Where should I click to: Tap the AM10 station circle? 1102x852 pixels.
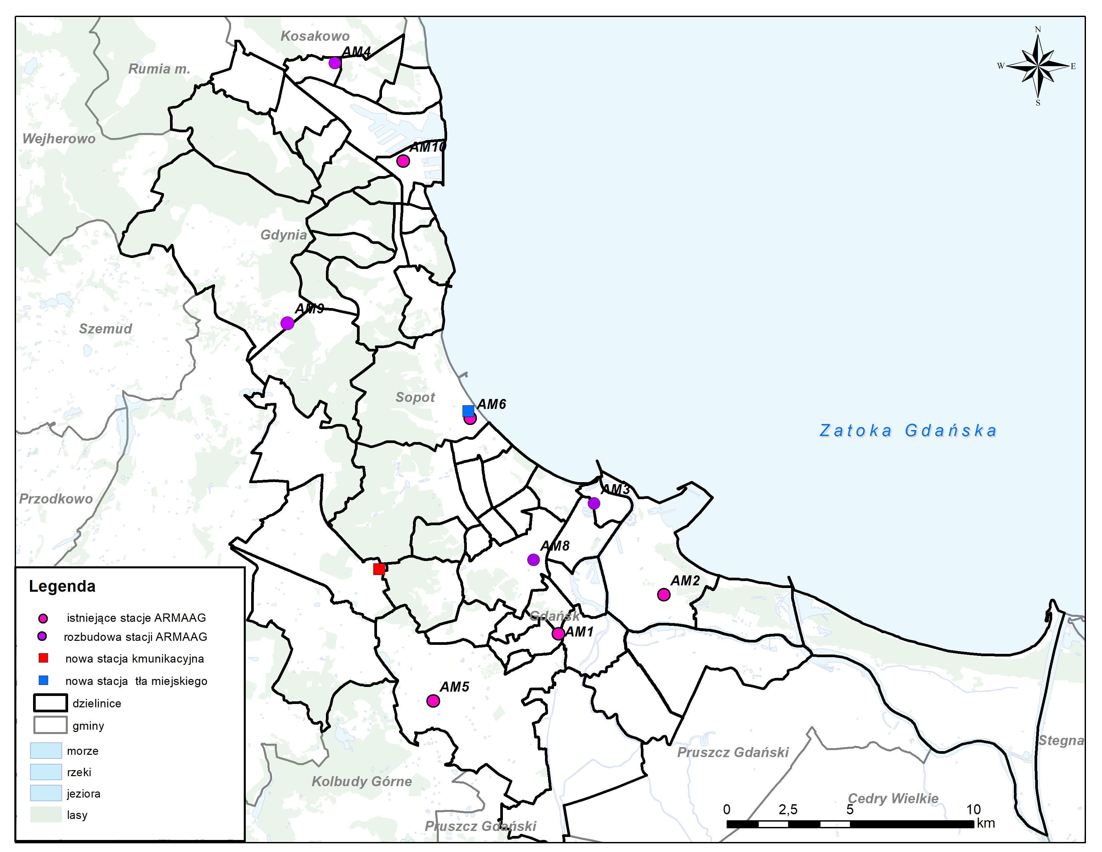click(x=403, y=161)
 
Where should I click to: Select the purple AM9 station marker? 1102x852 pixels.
click(x=287, y=323)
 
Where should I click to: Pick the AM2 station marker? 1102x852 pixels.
click(x=664, y=595)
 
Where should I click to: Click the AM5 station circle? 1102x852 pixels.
click(x=433, y=701)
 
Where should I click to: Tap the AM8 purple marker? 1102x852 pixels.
click(x=533, y=560)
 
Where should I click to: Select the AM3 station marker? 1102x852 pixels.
click(x=594, y=503)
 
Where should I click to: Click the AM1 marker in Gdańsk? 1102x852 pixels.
click(x=558, y=634)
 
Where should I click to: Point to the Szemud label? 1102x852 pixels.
click(x=106, y=328)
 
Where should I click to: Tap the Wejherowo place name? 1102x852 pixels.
click(x=59, y=139)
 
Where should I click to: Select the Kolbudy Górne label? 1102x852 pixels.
click(x=362, y=782)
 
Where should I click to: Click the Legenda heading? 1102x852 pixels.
click(x=62, y=586)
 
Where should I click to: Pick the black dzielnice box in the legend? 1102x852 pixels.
click(x=50, y=703)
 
